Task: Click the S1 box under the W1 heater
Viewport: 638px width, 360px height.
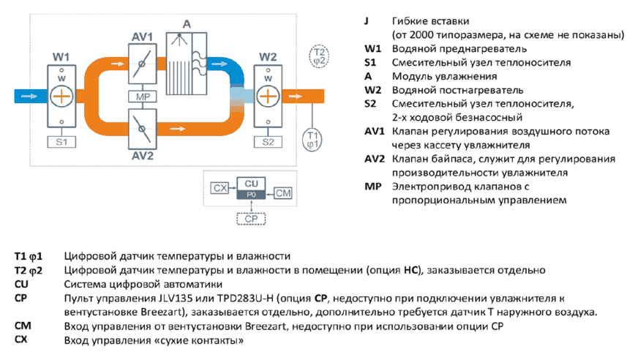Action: pyautogui.click(x=61, y=142)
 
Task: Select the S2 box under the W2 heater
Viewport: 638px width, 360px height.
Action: pyautogui.click(x=268, y=142)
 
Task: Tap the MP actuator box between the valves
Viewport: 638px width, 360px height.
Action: pyautogui.click(x=143, y=97)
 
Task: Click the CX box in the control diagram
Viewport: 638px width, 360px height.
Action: pyautogui.click(x=219, y=188)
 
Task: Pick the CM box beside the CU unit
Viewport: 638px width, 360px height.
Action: pyautogui.click(x=283, y=193)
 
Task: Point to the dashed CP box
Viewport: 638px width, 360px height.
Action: pyautogui.click(x=251, y=219)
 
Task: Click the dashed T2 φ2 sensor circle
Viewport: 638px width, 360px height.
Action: pyautogui.click(x=319, y=56)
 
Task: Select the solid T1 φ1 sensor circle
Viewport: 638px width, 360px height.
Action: pyautogui.click(x=312, y=140)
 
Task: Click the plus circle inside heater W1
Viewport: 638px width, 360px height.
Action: pyautogui.click(x=61, y=97)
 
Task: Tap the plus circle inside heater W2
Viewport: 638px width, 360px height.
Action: pyautogui.click(x=268, y=97)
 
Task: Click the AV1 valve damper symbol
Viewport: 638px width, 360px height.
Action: pyautogui.click(x=142, y=64)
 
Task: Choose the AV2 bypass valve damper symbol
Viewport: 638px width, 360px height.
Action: pyautogui.click(x=142, y=129)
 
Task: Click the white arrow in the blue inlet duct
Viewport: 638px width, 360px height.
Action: pyautogui.click(x=29, y=97)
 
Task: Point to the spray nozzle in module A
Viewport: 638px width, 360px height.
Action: pyautogui.click(x=179, y=39)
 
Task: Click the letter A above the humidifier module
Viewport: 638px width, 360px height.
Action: pyautogui.click(x=187, y=24)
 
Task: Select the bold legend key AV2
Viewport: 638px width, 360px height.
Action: pyautogui.click(x=375, y=159)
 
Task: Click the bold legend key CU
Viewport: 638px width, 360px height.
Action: pyautogui.click(x=21, y=284)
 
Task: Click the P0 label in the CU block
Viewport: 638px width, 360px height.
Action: pyautogui.click(x=251, y=195)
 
